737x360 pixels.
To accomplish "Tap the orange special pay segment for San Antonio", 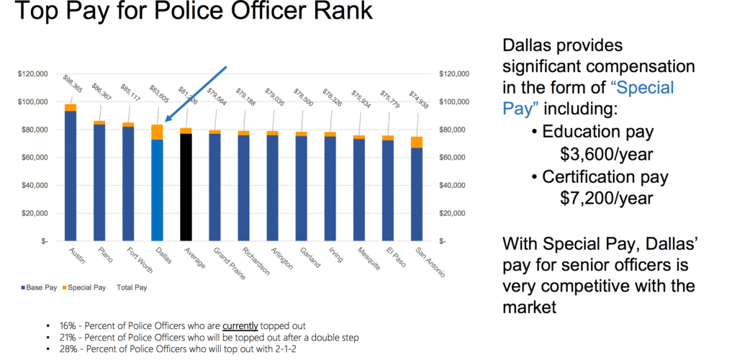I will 416,142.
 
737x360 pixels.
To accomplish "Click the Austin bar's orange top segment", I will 71,107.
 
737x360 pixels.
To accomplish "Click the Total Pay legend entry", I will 132,287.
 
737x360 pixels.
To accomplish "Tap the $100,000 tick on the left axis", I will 32,102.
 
